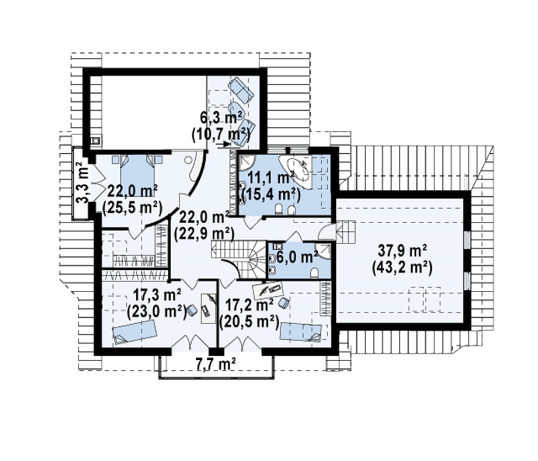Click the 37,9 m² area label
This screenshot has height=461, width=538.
click(402, 251)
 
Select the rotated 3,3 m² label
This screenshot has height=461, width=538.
click(82, 183)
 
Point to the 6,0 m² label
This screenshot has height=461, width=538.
click(297, 257)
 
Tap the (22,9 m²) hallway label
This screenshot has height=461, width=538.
click(204, 234)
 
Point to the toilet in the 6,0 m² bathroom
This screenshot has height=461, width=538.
click(314, 273)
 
